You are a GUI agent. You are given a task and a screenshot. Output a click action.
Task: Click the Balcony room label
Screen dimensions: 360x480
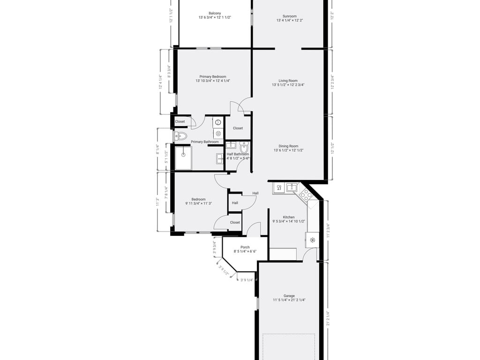click(215, 13)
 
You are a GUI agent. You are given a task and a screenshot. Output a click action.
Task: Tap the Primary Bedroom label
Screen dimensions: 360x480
click(213, 76)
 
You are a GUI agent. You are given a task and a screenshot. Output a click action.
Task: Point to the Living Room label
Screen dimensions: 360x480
click(288, 81)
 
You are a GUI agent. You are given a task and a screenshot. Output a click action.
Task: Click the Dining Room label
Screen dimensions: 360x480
click(289, 146)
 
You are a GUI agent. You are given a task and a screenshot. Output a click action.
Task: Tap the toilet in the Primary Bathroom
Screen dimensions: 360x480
click(181, 136)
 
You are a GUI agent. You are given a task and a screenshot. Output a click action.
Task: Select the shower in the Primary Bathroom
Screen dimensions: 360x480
click(183, 157)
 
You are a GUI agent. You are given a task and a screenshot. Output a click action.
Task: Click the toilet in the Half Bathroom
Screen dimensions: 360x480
click(244, 148)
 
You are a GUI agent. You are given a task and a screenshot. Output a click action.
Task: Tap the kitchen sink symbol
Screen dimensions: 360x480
click(292, 188)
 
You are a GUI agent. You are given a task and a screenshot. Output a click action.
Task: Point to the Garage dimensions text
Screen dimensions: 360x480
click(289, 300)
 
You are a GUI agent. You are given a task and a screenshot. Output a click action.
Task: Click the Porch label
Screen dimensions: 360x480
click(245, 247)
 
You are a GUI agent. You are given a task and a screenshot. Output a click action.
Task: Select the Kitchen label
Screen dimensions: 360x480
click(289, 217)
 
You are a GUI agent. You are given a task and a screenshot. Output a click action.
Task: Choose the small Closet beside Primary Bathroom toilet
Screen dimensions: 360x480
click(180, 121)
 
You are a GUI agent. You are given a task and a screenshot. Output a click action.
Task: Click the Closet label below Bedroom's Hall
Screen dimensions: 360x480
click(235, 223)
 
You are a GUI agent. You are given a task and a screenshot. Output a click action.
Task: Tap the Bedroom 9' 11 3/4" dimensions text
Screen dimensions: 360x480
click(199, 203)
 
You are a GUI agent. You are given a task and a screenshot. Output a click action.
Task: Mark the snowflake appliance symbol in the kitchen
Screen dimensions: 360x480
click(313, 240)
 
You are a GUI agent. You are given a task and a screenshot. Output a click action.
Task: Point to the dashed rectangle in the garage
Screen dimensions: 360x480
click(288, 346)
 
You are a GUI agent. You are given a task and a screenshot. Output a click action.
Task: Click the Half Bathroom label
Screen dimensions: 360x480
click(238, 154)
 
